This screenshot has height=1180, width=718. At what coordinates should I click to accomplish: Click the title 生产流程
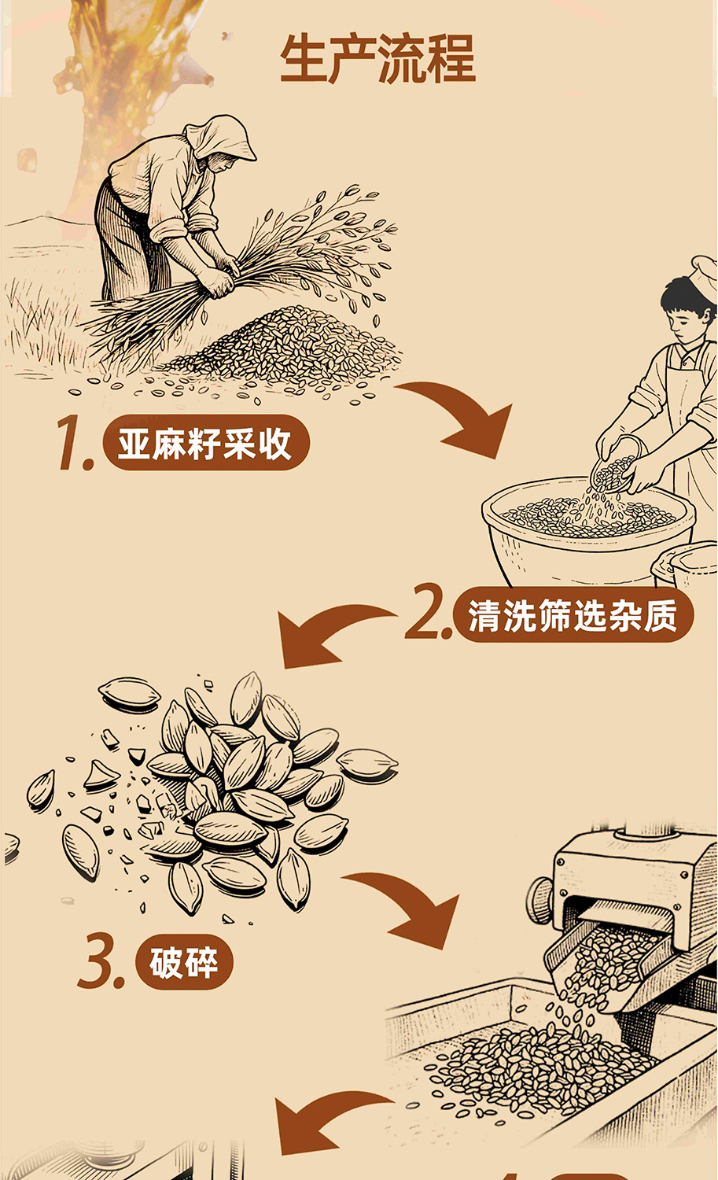click(377, 58)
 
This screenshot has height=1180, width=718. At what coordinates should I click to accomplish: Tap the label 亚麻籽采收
click(205, 443)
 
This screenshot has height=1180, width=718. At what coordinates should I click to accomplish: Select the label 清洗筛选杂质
click(573, 614)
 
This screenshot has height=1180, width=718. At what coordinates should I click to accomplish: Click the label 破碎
click(184, 962)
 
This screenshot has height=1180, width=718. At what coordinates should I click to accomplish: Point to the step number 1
click(75, 443)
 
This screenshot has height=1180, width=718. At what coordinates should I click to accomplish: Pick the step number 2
click(428, 611)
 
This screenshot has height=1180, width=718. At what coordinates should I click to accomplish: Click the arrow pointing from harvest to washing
click(463, 416)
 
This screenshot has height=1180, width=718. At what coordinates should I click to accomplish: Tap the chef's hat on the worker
click(705, 277)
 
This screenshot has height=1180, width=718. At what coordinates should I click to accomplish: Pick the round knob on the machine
click(540, 899)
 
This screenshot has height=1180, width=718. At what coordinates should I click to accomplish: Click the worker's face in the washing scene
click(685, 321)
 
